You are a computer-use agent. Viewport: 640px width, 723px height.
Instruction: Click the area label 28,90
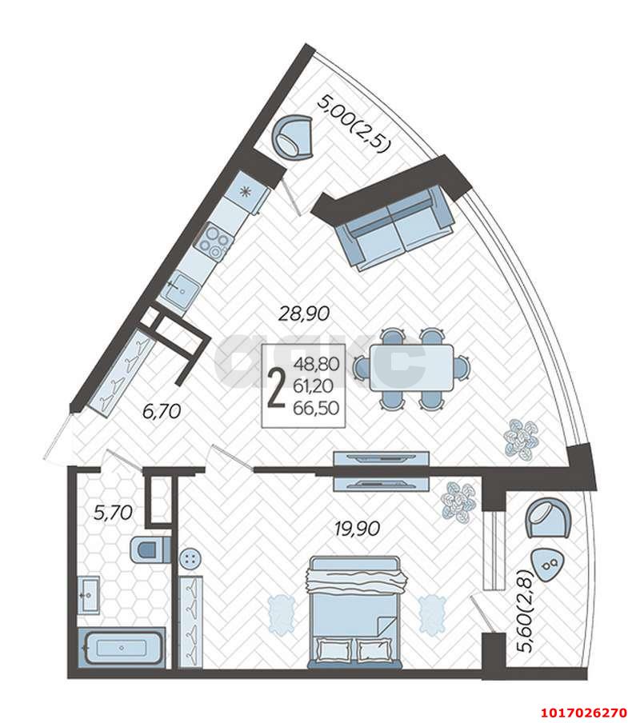pyautogui.click(x=305, y=314)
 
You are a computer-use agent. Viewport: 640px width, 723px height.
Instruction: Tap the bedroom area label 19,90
pyautogui.click(x=357, y=529)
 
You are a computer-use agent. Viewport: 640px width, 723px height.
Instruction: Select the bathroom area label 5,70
pyautogui.click(x=113, y=513)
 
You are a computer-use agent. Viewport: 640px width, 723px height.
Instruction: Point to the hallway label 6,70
pyautogui.click(x=161, y=411)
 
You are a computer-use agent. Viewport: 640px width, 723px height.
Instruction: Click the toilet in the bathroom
pyautogui.click(x=150, y=549)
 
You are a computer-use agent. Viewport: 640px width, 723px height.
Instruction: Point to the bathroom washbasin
pyautogui.click(x=88, y=595)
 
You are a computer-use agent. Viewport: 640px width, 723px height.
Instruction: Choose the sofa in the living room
pyautogui.click(x=394, y=229)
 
